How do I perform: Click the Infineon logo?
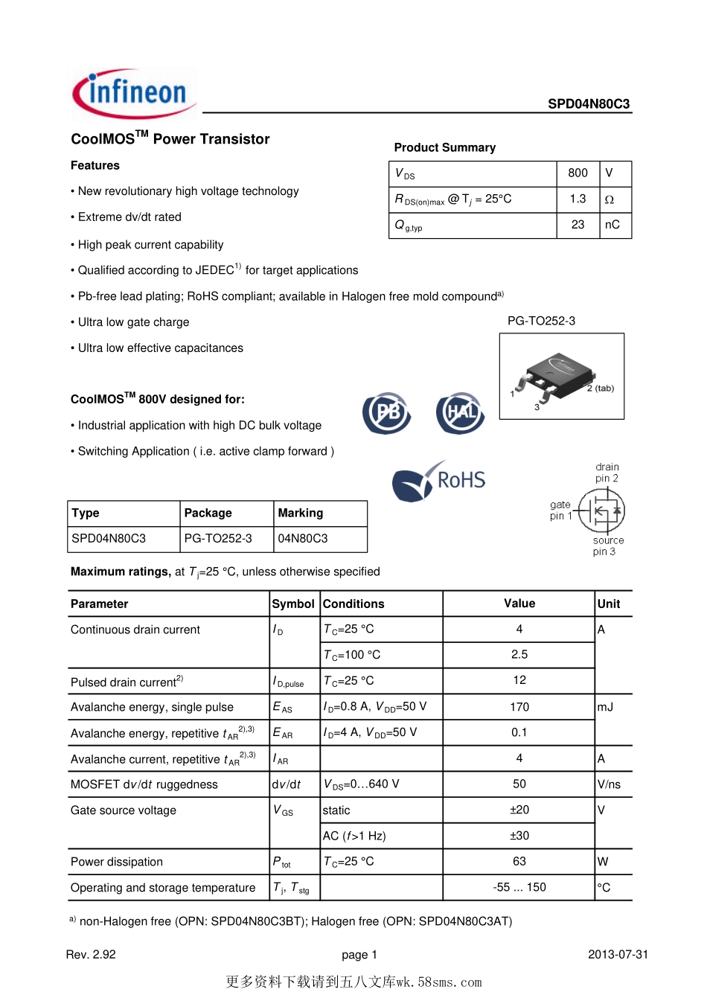(x=135, y=94)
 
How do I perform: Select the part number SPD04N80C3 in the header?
(x=588, y=104)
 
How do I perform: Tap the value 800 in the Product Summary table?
(x=578, y=173)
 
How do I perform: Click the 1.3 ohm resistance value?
(x=578, y=199)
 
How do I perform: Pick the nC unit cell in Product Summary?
(x=612, y=225)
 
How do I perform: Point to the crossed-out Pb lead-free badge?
(x=387, y=413)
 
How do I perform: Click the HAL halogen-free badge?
(x=461, y=413)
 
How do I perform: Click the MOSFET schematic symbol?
(x=607, y=511)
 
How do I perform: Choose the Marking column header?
(x=301, y=513)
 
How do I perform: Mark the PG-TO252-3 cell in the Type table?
(x=218, y=538)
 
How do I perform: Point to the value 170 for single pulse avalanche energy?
(x=519, y=707)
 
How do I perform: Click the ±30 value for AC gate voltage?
(x=519, y=836)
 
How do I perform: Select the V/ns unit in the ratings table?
(x=609, y=784)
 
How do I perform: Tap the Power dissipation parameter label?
(x=117, y=862)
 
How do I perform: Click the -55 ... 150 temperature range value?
(x=519, y=887)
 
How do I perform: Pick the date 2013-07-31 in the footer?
(x=618, y=955)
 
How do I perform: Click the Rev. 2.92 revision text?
(x=91, y=955)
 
